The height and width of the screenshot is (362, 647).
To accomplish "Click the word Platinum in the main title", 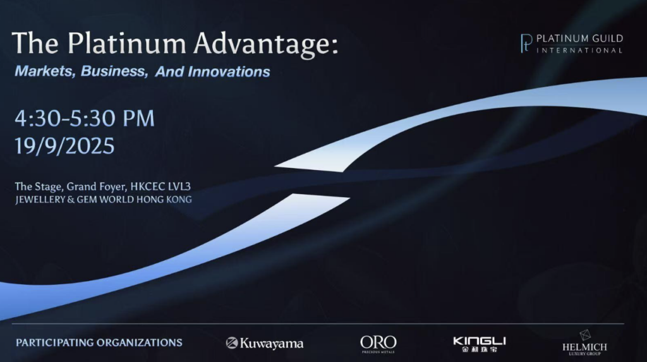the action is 126,43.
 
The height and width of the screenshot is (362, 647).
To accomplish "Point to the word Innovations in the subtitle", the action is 229,72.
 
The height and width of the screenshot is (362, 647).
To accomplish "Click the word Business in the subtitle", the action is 114,71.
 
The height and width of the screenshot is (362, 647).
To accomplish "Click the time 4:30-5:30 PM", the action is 85,119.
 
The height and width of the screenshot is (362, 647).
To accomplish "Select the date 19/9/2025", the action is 65,146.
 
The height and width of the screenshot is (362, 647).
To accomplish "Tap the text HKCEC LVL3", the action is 160,186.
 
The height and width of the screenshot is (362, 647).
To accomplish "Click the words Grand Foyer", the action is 95,187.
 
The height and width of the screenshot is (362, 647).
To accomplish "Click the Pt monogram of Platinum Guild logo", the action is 526,44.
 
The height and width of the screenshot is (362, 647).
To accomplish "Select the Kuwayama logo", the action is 265,343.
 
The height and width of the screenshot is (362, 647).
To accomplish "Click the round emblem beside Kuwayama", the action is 231,343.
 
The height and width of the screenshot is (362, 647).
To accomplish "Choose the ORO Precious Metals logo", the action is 378,344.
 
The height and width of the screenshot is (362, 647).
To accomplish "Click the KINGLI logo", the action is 479,344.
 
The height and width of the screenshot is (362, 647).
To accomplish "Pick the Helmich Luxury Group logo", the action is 584,342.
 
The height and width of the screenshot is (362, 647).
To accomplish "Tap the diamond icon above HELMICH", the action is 585,335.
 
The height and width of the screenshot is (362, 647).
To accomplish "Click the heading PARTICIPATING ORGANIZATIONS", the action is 99,342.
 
